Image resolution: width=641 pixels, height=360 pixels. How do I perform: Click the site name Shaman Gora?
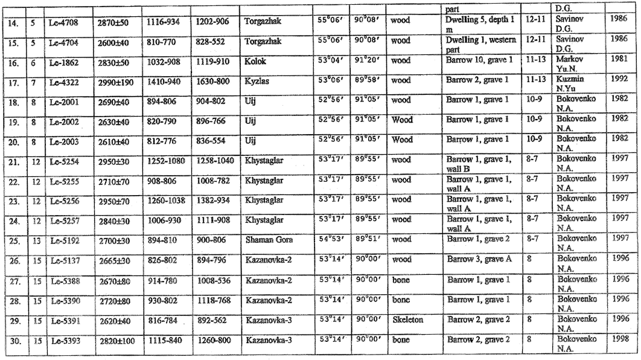[269, 240]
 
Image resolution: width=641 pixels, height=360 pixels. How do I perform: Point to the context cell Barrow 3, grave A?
[479, 259]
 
